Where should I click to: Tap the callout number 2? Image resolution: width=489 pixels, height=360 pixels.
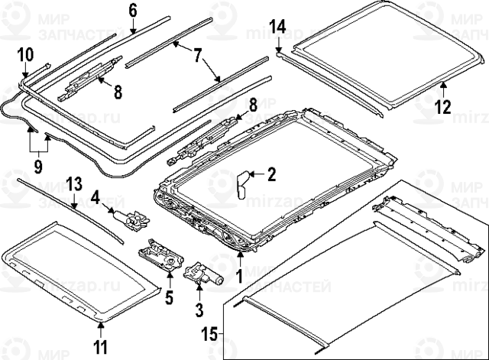click(x=270, y=175)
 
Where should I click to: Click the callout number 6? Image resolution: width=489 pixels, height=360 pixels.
click(x=132, y=10)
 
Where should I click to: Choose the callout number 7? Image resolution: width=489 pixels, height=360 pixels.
click(x=197, y=55)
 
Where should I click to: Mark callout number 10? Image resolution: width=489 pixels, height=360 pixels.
click(x=26, y=54)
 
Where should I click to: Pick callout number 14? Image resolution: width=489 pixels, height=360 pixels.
click(x=277, y=27)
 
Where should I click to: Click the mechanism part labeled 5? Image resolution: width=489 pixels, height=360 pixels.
click(x=160, y=254)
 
